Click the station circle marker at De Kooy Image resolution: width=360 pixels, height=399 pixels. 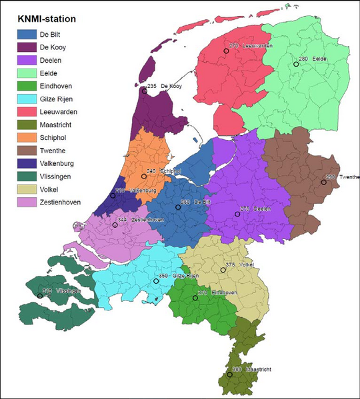145,91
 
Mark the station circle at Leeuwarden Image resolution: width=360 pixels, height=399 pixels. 226,51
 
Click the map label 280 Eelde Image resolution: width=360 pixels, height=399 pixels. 313,60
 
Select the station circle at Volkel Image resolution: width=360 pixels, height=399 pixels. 223,270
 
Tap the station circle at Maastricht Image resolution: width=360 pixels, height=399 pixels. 230,375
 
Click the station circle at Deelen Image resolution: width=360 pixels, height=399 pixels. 237,214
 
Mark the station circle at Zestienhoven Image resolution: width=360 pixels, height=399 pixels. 115,225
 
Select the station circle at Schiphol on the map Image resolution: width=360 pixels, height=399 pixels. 144,177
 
